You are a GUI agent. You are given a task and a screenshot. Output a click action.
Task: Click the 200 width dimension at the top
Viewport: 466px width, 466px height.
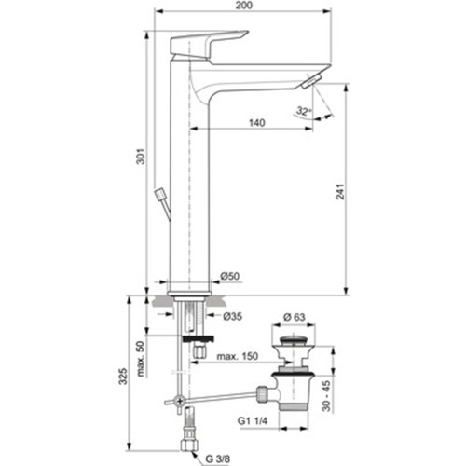pyautogui.click(x=244, y=6)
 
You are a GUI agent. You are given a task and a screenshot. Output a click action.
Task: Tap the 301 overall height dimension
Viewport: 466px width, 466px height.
pyautogui.click(x=141, y=157)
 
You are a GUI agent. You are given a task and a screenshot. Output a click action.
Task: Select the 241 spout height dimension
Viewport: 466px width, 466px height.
pyautogui.click(x=341, y=192)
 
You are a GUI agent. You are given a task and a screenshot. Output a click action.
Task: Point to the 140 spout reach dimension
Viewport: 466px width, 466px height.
pyautogui.click(x=257, y=123)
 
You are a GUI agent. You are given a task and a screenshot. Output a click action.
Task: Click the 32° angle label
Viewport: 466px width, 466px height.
pyautogui.click(x=304, y=111)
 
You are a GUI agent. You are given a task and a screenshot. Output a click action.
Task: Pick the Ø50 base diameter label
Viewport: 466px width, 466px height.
pyautogui.click(x=230, y=276)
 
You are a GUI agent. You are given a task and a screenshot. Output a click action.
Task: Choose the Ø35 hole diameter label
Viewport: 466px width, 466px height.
pyautogui.click(x=233, y=316)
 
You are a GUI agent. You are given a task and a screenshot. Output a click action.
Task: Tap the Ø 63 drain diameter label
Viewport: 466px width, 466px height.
pyautogui.click(x=295, y=317)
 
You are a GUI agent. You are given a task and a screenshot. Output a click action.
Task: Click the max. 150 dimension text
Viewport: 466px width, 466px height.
pyautogui.click(x=238, y=356)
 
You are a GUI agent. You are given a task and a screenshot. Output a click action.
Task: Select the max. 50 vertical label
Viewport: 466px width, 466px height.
pyautogui.click(x=141, y=359)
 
